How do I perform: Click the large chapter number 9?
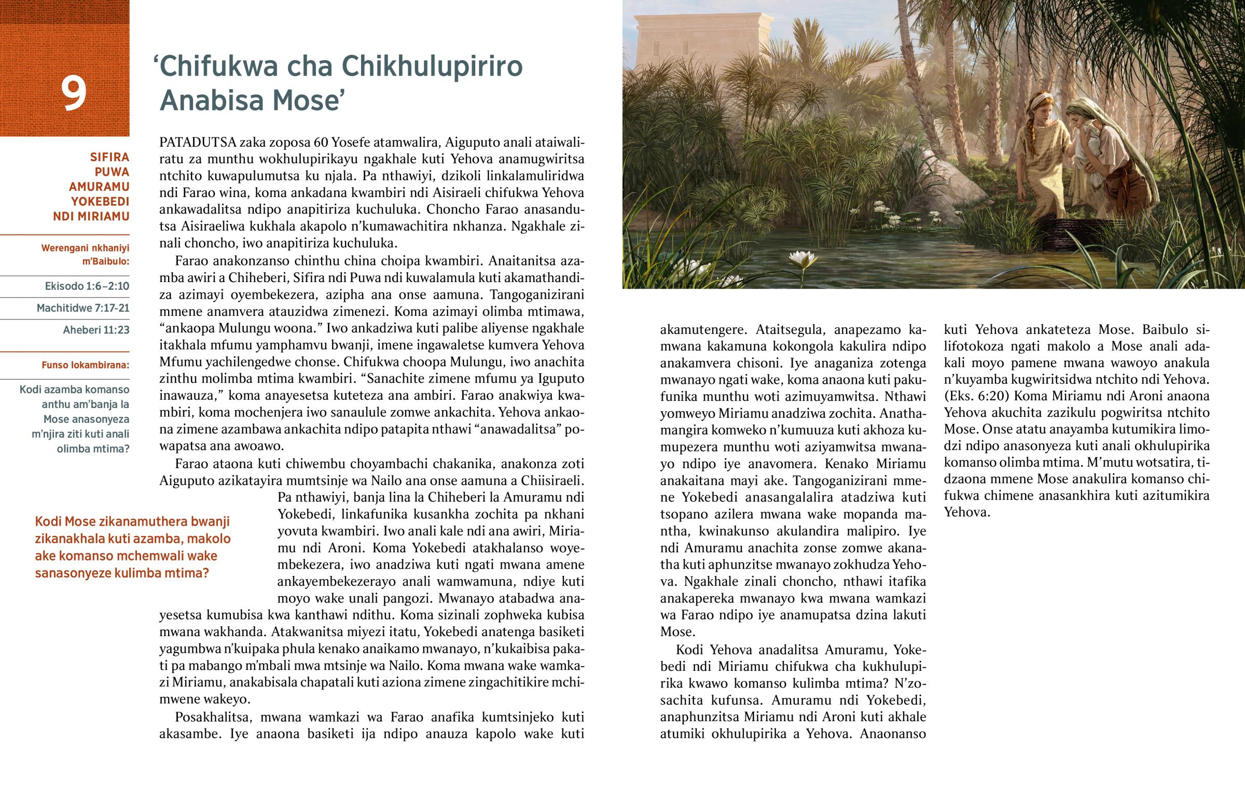point(73,93)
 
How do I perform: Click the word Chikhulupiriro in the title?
point(431,66)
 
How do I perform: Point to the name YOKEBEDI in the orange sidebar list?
point(100,202)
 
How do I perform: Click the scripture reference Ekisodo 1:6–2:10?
point(87,286)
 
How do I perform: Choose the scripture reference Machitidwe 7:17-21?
point(82,308)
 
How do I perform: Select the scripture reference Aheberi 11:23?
point(95,330)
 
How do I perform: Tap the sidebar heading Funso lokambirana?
point(85,365)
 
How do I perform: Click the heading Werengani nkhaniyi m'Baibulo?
point(85,255)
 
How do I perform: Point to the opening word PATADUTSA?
point(197,143)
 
